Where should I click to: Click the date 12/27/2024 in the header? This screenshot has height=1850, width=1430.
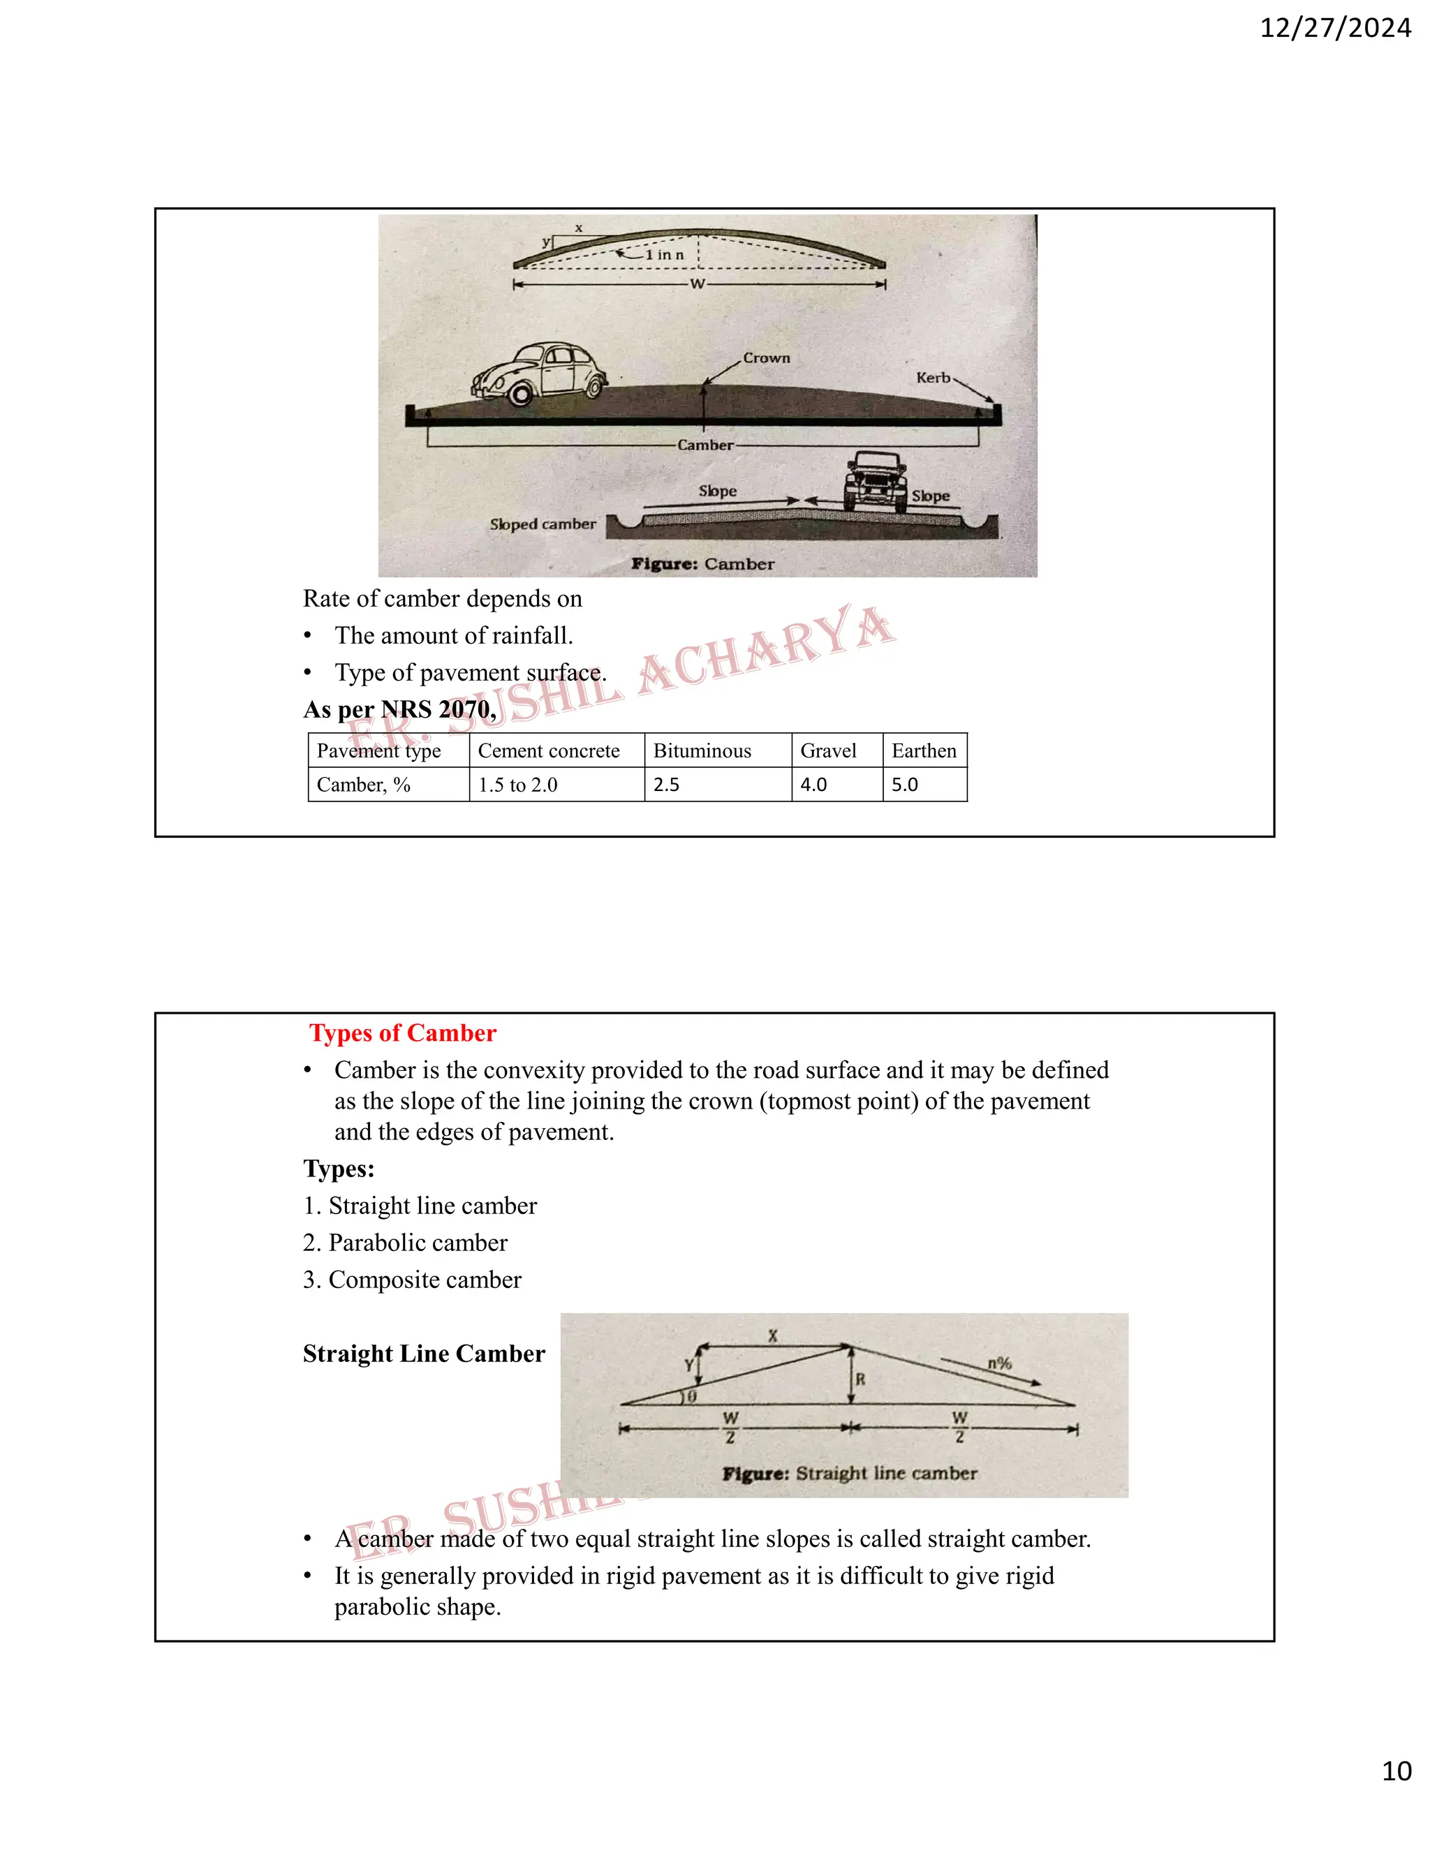(x=1335, y=28)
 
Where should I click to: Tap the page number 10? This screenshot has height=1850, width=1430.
(x=1396, y=1770)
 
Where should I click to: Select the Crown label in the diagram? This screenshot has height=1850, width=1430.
(x=766, y=358)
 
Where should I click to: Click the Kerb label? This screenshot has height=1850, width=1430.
(x=933, y=378)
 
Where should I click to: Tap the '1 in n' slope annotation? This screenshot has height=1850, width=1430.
(x=663, y=255)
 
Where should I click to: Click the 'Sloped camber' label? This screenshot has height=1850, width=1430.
(x=542, y=524)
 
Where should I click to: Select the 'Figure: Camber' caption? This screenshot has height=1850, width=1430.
(x=702, y=564)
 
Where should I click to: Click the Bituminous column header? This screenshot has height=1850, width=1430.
(x=702, y=751)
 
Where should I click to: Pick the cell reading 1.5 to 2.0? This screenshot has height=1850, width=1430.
(x=517, y=785)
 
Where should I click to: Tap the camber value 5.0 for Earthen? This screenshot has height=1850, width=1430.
(x=905, y=785)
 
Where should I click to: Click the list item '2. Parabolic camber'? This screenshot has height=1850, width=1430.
(x=405, y=1243)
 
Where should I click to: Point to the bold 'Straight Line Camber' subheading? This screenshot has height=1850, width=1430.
(x=424, y=1354)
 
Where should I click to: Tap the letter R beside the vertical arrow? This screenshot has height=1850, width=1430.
(x=860, y=1379)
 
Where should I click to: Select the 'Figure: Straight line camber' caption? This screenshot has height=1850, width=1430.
(x=849, y=1473)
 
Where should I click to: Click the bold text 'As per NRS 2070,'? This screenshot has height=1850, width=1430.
(x=399, y=709)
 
